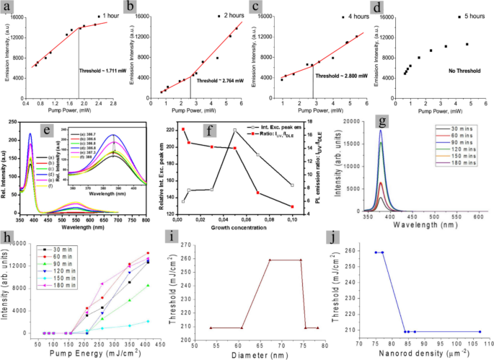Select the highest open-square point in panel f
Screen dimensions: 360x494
[235, 130]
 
